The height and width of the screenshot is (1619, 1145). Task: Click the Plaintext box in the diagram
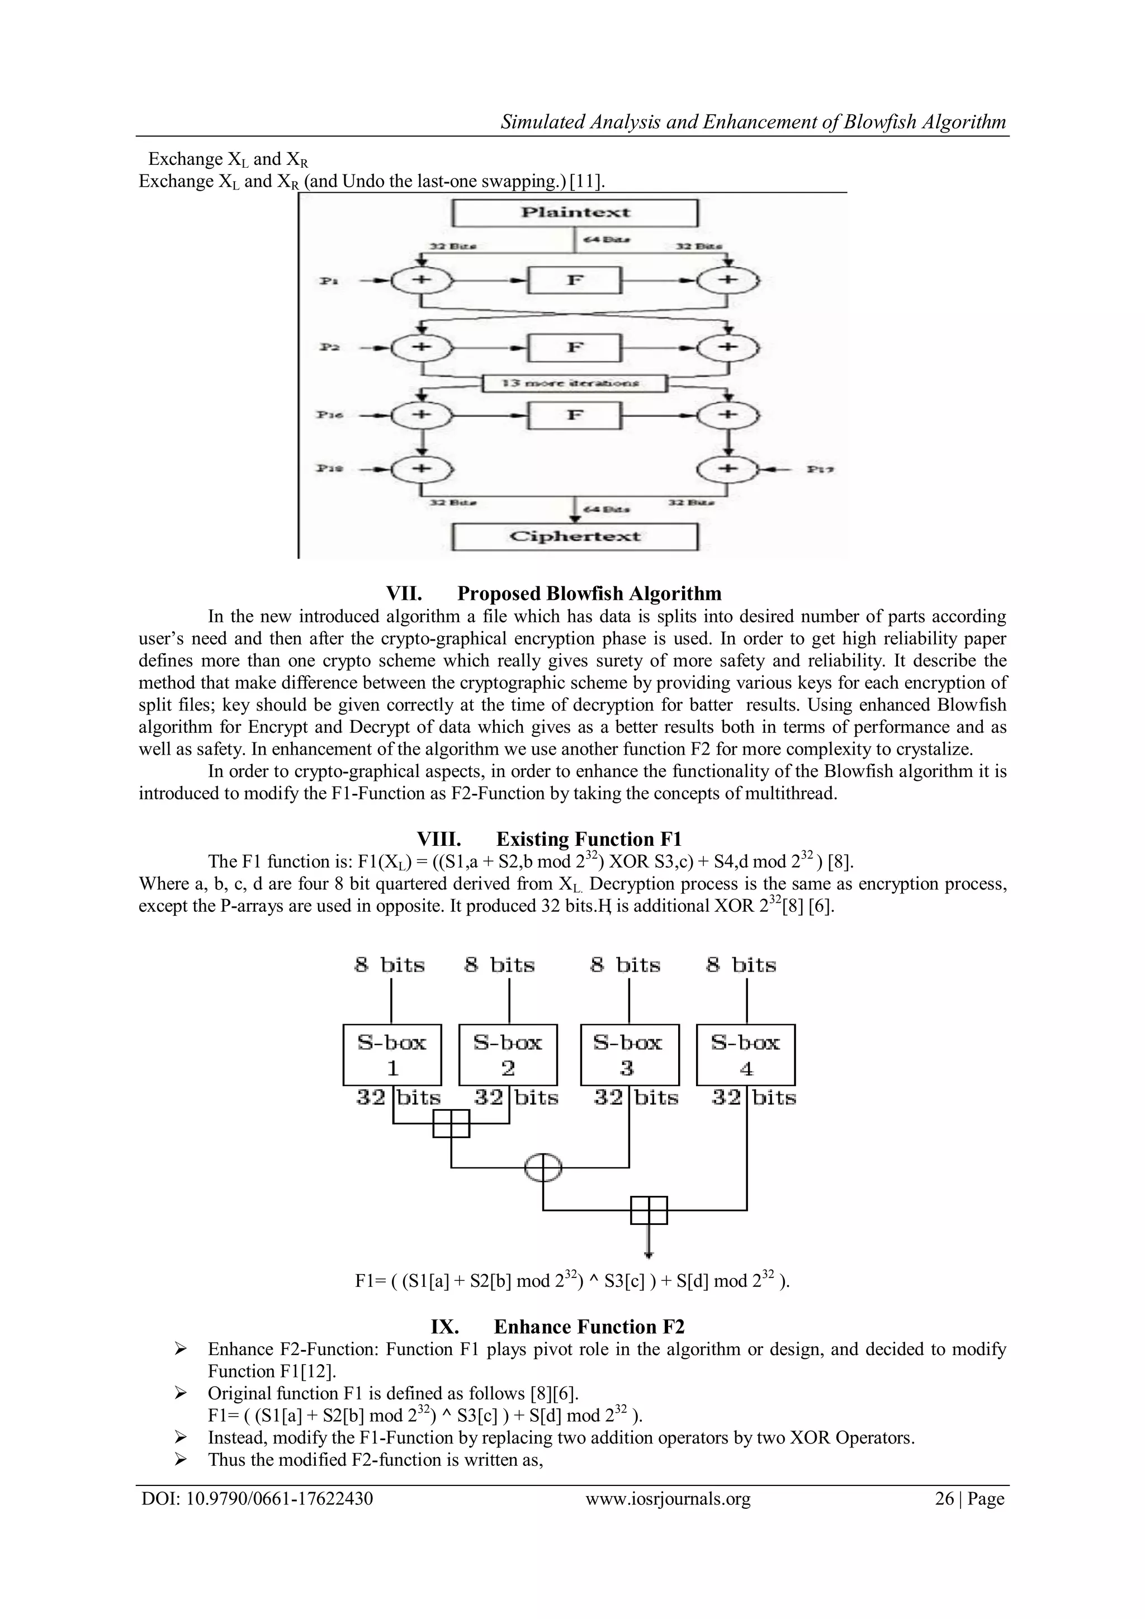575,213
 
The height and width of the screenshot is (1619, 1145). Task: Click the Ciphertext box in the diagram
575,537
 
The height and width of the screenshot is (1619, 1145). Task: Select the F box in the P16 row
575,415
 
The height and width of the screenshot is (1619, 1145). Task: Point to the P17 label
821,469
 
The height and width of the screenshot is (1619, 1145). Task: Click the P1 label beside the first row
329,281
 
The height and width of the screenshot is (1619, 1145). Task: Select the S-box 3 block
629,1055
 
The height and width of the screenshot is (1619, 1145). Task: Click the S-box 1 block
392,1055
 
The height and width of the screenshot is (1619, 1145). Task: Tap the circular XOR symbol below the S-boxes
543,1168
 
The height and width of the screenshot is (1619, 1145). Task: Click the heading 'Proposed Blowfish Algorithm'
589,593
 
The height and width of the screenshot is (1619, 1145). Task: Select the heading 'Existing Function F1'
589,839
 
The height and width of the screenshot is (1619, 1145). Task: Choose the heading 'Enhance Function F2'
589,1327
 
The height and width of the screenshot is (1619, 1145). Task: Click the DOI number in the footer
257,1498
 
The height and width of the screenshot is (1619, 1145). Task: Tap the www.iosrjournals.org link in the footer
668,1498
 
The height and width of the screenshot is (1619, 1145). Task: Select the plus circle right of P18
422,469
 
